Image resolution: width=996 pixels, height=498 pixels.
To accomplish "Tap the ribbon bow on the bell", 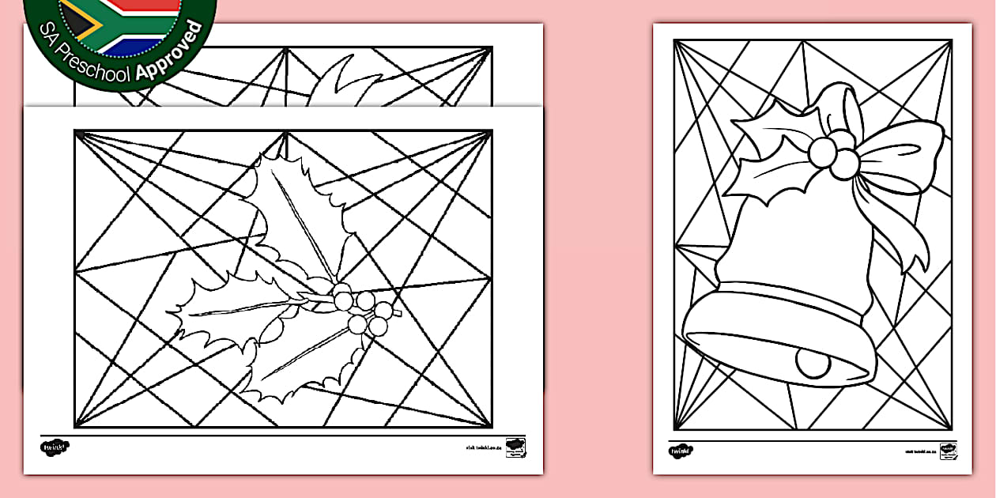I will [901, 154].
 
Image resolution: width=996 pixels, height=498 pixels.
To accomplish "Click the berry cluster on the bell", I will [833, 154].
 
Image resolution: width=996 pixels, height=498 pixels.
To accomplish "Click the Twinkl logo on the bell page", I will [680, 451].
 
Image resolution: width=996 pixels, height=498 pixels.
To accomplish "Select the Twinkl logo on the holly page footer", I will [54, 447].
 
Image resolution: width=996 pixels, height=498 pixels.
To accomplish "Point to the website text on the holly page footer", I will [484, 447].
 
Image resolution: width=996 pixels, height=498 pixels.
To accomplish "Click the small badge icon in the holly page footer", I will [515, 445].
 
